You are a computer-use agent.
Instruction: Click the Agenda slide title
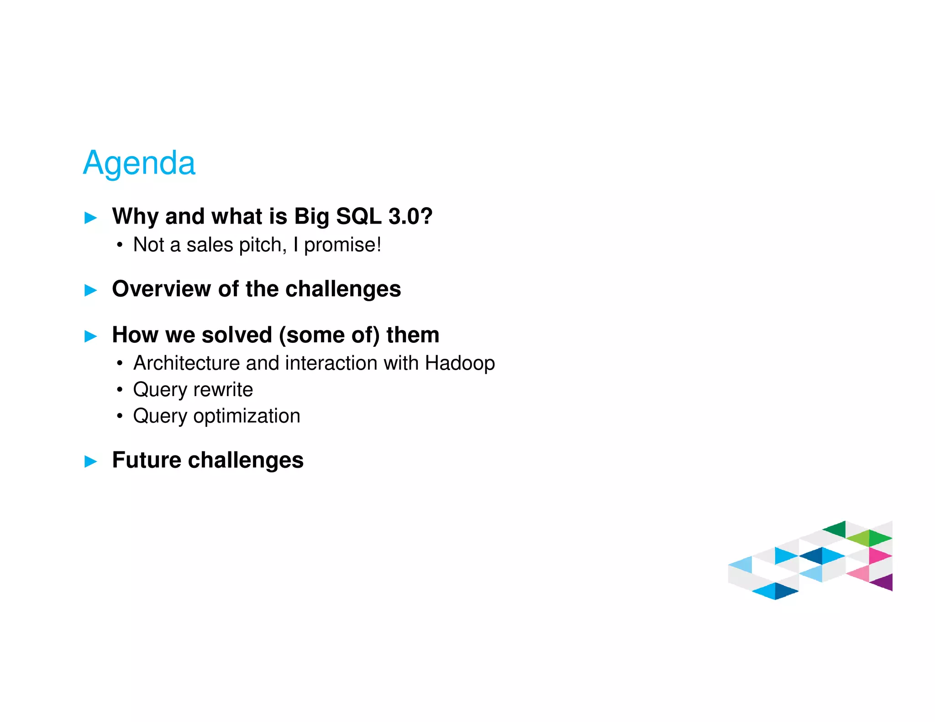point(139,163)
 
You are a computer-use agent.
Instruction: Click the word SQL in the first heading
point(358,216)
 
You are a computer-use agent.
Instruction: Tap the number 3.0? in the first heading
point(410,216)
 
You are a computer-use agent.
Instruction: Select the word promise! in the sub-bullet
point(342,245)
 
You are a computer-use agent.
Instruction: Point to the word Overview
point(161,289)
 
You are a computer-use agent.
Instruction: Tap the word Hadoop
point(460,363)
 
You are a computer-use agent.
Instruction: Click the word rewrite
point(223,390)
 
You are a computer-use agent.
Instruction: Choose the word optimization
point(247,416)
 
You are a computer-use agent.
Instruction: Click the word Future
point(146,460)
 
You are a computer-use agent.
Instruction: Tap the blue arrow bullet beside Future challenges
point(91,461)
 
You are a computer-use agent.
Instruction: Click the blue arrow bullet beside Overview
point(91,290)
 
